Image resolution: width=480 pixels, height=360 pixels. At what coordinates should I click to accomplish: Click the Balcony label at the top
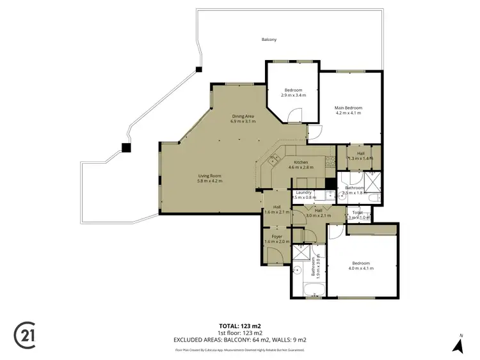click(269, 40)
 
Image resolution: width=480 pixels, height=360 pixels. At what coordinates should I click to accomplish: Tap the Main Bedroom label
click(348, 108)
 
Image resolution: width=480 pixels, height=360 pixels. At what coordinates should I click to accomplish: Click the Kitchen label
click(301, 162)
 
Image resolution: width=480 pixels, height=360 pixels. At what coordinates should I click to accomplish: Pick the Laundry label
click(303, 192)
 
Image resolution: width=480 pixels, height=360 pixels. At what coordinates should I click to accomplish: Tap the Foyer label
click(276, 237)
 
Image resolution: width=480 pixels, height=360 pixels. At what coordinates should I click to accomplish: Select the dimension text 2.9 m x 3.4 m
click(294, 95)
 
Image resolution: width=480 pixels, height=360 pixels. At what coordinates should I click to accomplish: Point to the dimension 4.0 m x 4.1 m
click(361, 269)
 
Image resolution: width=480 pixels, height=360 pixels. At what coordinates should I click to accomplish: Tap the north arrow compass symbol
click(458, 345)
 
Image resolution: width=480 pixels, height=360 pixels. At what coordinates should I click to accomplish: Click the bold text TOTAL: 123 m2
click(240, 326)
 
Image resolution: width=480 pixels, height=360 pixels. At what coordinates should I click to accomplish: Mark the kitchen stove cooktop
click(273, 160)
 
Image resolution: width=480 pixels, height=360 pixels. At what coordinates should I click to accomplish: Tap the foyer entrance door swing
click(274, 258)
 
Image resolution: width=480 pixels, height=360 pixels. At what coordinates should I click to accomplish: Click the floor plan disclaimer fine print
click(240, 350)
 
